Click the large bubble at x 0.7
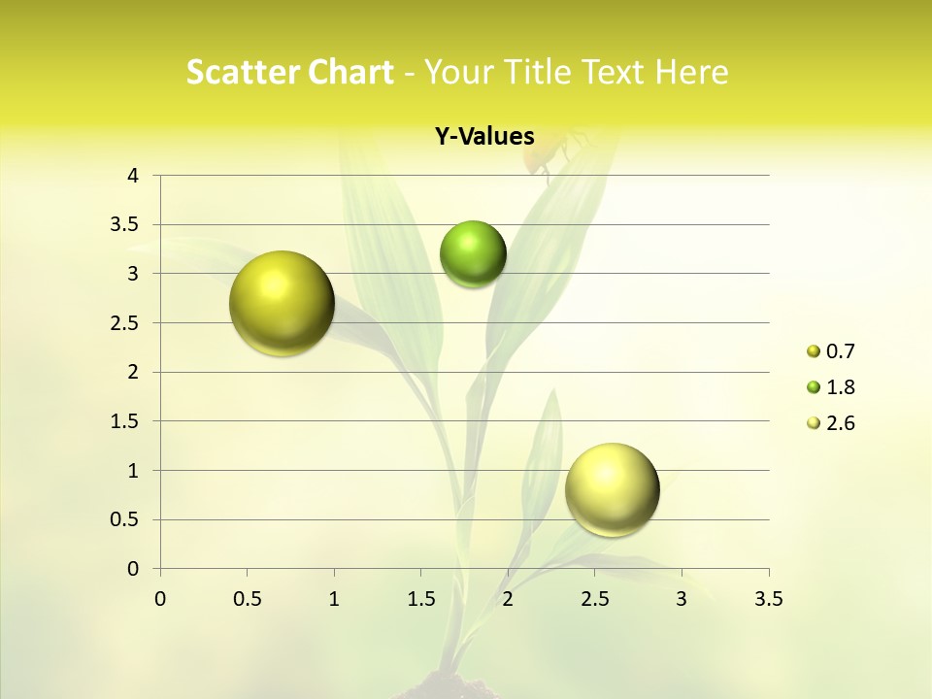click(x=282, y=303)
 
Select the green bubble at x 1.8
click(x=473, y=254)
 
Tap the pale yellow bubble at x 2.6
click(x=612, y=489)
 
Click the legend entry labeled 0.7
click(x=840, y=351)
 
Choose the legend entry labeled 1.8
click(x=840, y=387)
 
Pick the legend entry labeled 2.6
click(x=840, y=423)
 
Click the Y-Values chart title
click(x=484, y=137)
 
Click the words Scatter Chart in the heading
click(x=289, y=72)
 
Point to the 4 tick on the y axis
click(x=133, y=176)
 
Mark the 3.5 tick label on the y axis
click(x=124, y=225)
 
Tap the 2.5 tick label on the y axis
click(x=124, y=323)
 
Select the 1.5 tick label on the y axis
click(x=124, y=421)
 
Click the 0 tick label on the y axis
click(x=133, y=569)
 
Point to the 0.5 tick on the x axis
click(x=247, y=599)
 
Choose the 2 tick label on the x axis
click(x=508, y=599)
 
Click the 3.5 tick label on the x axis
click(x=768, y=599)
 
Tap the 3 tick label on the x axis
click(x=682, y=599)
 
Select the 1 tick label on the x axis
click(x=334, y=599)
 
